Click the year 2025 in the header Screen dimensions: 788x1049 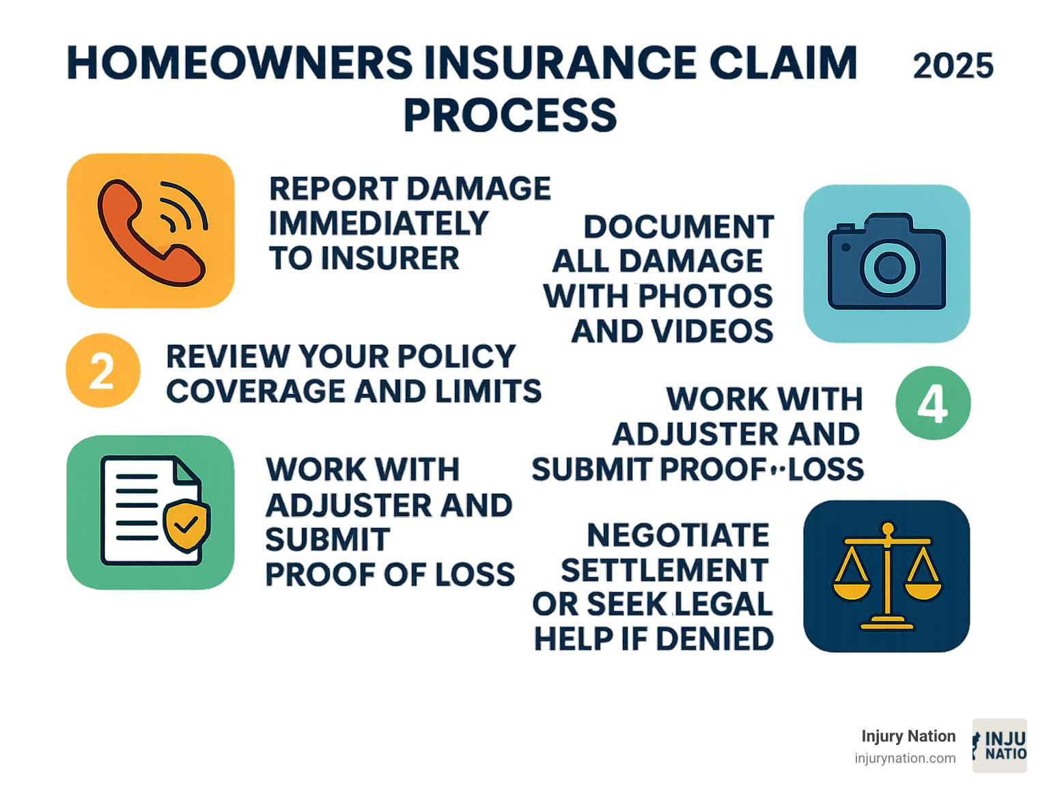pos(953,66)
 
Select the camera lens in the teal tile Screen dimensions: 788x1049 pos(889,267)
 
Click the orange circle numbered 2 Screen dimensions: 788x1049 pos(102,371)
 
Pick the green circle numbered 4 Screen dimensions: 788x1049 pos(932,403)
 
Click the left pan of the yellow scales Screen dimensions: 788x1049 pos(851,588)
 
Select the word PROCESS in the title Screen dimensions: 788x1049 pos(509,115)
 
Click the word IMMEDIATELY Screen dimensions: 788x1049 pos(379,223)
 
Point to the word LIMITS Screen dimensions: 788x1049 pos(495,391)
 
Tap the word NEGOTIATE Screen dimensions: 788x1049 pos(678,535)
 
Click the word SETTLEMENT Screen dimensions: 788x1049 pos(665,570)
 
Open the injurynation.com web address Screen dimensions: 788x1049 pos(905,758)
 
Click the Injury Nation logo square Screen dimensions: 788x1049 pos(999,746)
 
